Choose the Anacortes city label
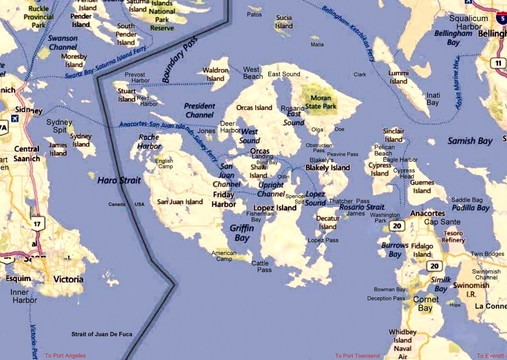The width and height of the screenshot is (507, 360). tap(436, 212)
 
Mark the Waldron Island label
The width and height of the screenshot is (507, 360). tap(216, 74)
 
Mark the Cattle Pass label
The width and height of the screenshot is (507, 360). tap(262, 265)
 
